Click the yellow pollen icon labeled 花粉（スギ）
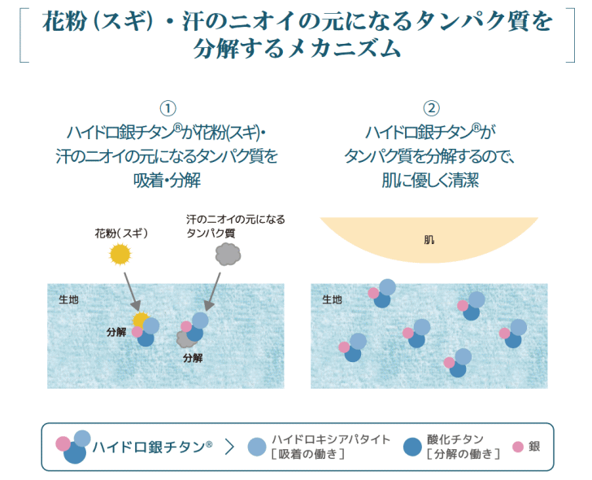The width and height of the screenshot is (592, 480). [120, 255]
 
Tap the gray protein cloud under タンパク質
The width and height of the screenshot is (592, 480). [228, 254]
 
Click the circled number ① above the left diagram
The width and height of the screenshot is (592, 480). [168, 108]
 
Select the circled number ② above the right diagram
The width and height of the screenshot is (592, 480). [432, 108]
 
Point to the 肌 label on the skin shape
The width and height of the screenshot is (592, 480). [429, 240]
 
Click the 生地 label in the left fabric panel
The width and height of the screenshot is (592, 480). [69, 299]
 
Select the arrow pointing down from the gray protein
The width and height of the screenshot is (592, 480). [214, 289]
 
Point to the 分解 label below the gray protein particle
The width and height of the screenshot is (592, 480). [193, 357]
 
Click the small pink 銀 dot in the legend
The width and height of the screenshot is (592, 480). [517, 447]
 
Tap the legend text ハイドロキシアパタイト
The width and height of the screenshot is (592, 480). [320, 439]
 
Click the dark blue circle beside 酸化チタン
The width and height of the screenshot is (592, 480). [412, 447]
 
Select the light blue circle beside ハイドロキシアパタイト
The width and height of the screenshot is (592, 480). [257, 447]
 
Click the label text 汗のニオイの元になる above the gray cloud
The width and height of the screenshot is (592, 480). [236, 220]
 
